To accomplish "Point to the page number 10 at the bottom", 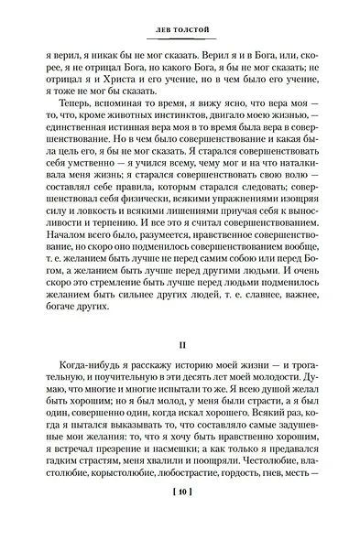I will pyautogui.click(x=180, y=520).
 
